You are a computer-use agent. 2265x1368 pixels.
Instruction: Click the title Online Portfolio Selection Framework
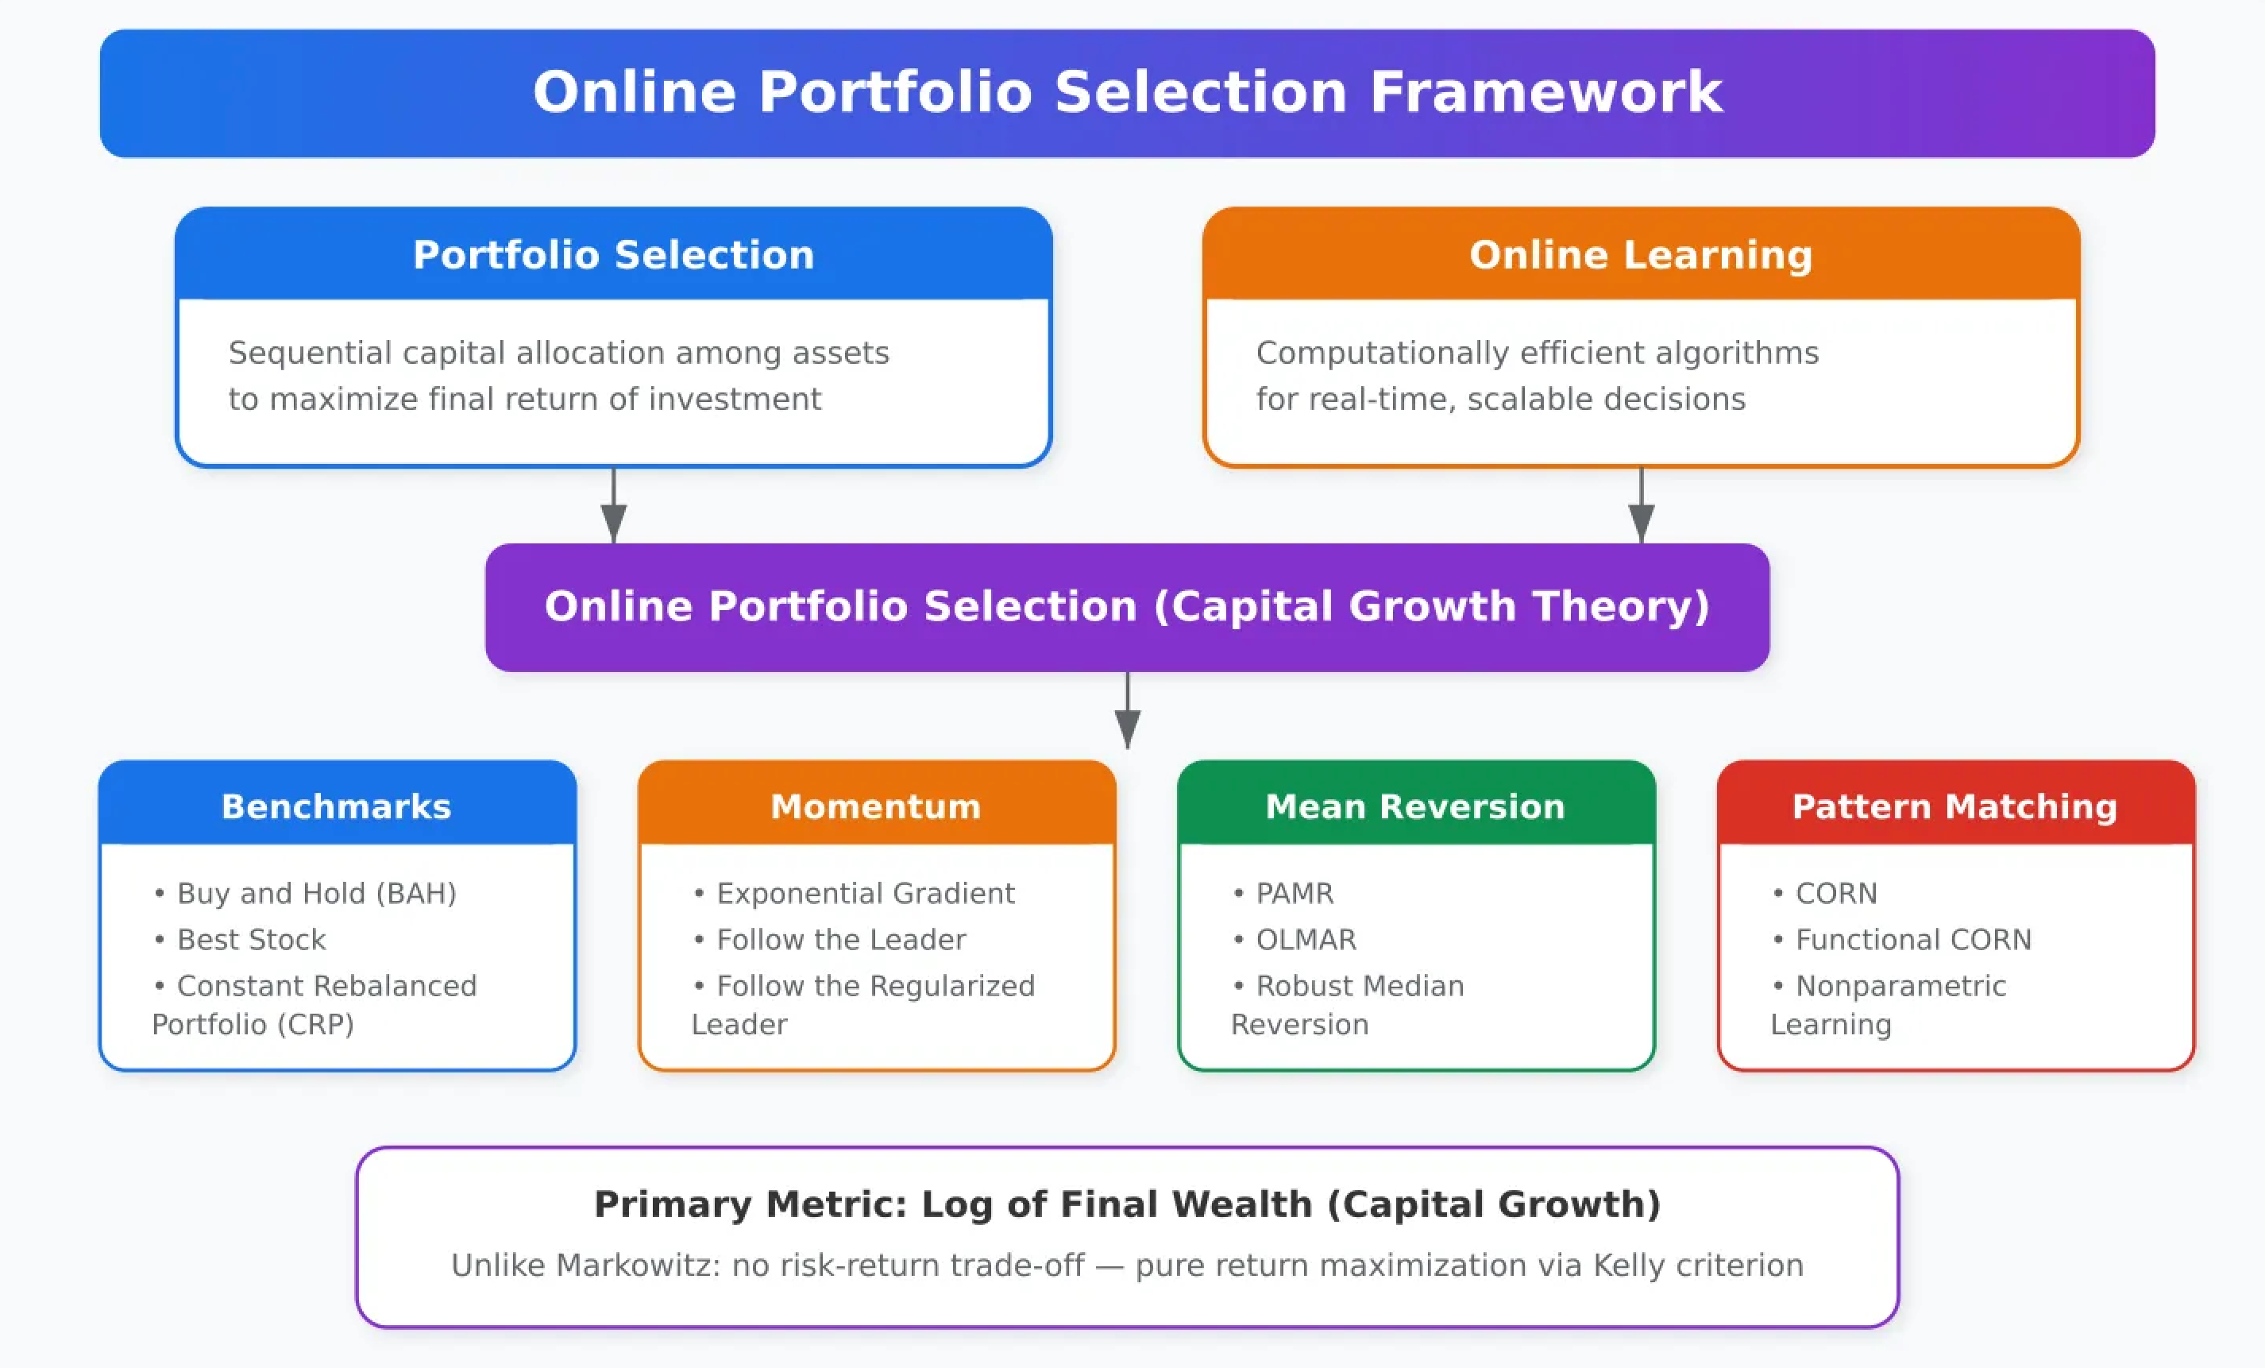click(1127, 93)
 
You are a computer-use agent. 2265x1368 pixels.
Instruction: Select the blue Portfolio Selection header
click(613, 255)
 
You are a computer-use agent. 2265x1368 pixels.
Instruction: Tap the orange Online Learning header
click(1641, 255)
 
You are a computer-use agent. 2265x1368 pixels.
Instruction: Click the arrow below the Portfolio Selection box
click(614, 510)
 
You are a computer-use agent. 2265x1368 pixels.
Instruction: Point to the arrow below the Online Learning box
click(1642, 510)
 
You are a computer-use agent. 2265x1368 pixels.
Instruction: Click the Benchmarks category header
click(337, 806)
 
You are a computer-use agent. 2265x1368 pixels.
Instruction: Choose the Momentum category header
click(876, 806)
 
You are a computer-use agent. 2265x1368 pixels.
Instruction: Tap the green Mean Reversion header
click(1415, 806)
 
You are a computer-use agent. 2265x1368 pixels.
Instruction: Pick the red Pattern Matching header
click(1955, 806)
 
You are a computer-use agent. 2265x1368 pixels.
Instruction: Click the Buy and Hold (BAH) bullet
click(316, 893)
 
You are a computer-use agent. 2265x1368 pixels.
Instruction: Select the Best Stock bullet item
click(251, 940)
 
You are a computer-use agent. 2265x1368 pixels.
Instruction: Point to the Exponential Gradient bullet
click(865, 893)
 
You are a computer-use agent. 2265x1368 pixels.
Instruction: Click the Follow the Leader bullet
click(841, 940)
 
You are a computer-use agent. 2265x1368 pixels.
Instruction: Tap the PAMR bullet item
click(1295, 893)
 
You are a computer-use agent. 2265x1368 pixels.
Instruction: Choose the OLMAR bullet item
click(1306, 940)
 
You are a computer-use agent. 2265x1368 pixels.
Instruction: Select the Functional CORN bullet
click(1913, 940)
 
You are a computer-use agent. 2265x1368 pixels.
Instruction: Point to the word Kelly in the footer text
click(1629, 1265)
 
